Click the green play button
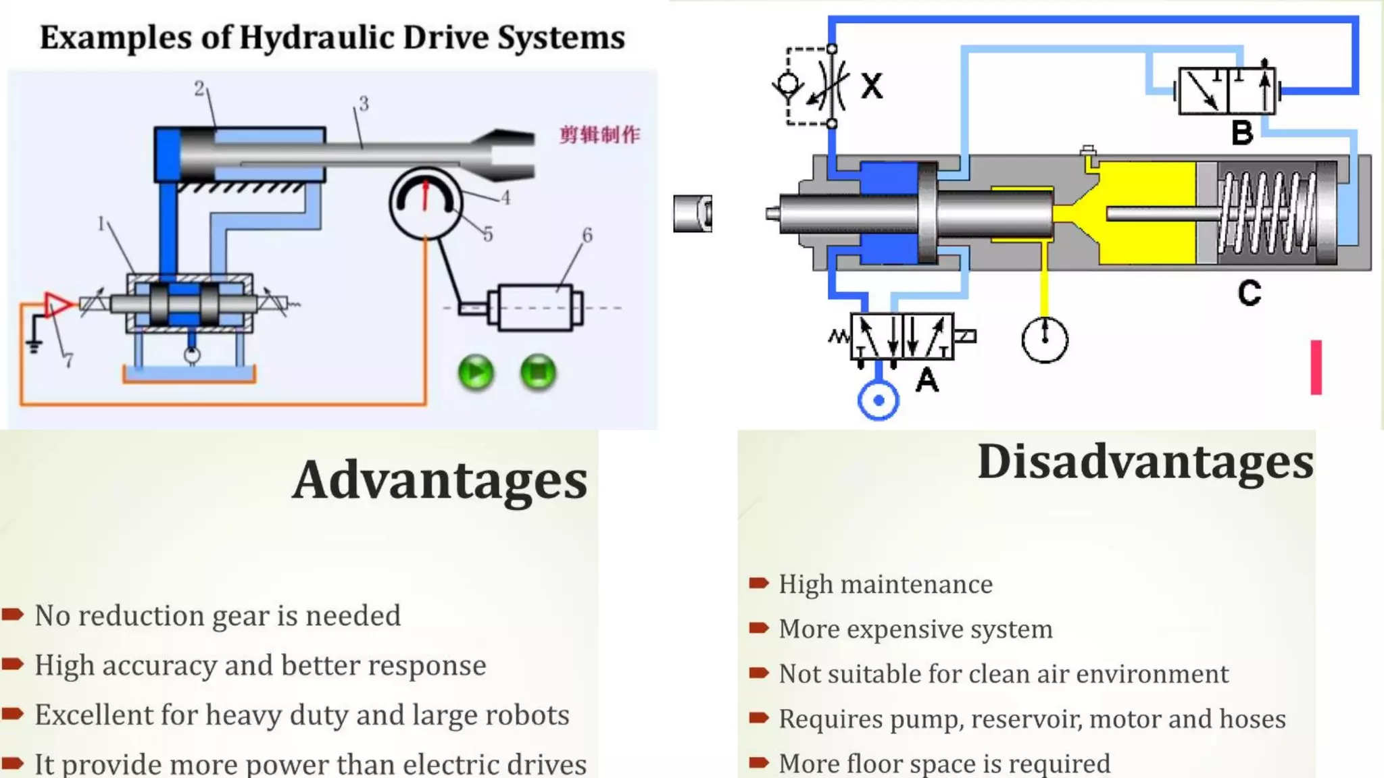(476, 373)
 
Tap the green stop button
(538, 373)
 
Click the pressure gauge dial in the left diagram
(426, 203)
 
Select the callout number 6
(587, 235)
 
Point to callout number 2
(199, 88)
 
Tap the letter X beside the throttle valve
(872, 86)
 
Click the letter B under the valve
(1242, 133)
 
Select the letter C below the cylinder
(1250, 293)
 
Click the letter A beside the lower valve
(927, 380)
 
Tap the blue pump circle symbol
(878, 400)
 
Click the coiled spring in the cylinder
(1266, 213)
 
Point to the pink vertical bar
(1316, 367)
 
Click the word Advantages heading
(440, 480)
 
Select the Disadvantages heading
(1145, 462)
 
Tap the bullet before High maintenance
(759, 583)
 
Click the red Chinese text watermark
(599, 134)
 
